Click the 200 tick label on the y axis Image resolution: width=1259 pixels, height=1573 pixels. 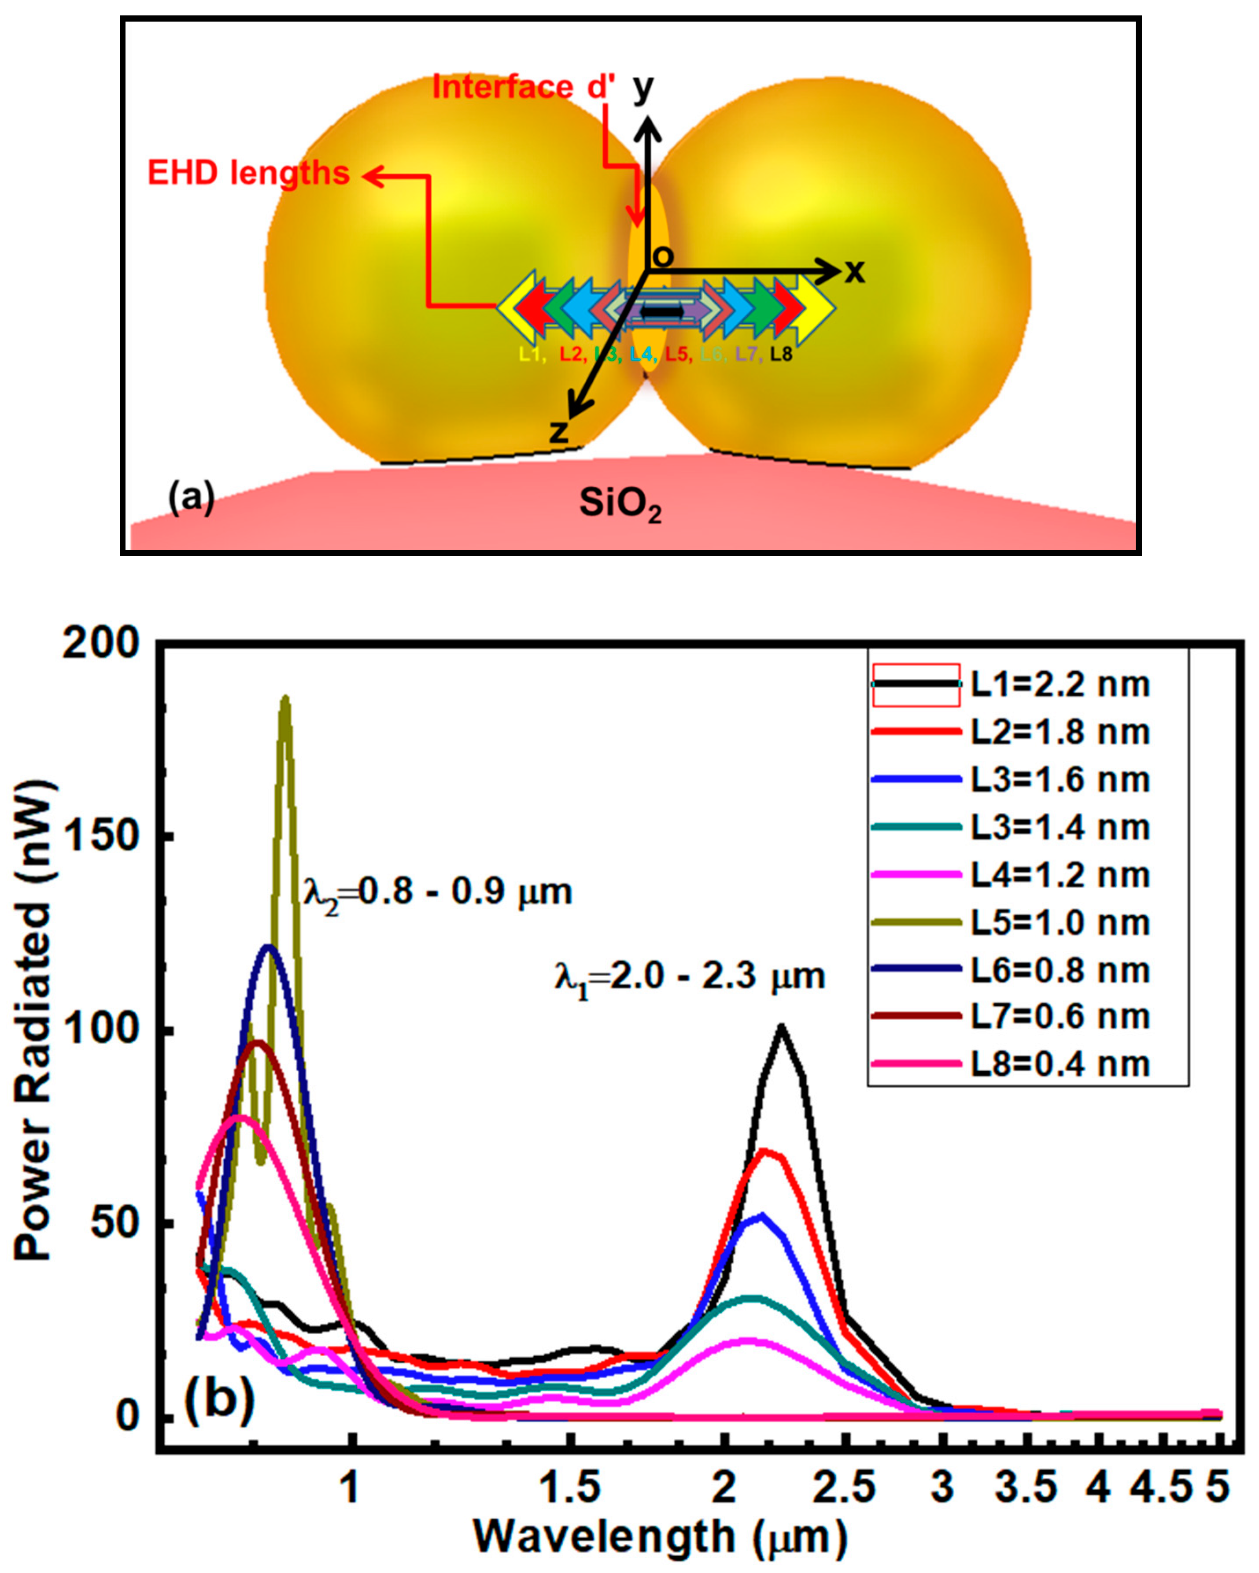100,645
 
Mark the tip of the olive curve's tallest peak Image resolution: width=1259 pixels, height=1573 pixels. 285,699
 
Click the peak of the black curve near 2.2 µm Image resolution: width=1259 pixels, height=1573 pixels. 781,1027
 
